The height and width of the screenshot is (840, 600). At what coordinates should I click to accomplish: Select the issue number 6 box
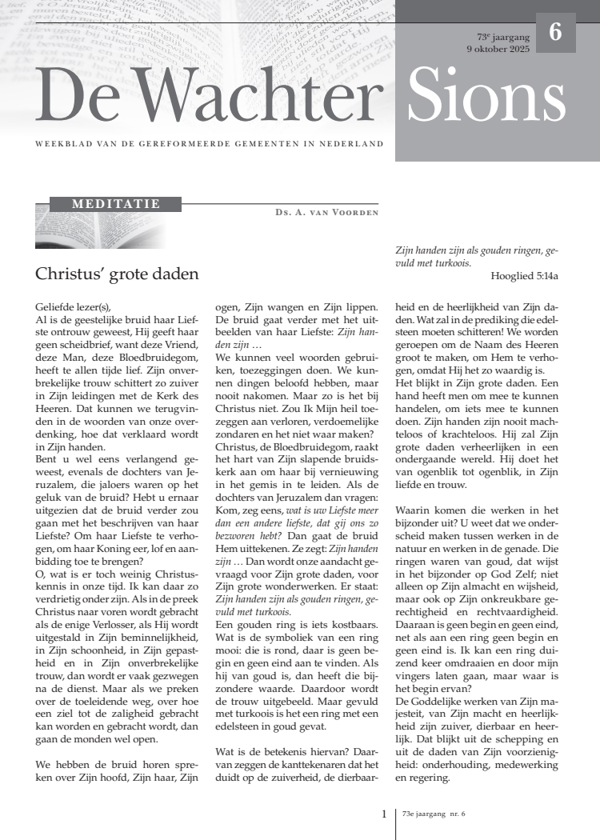[555, 33]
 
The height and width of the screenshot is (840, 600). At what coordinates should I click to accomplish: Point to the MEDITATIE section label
[116, 204]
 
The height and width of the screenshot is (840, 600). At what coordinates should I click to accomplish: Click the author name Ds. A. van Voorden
[326, 213]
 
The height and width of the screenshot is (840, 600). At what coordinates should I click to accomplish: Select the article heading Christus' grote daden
[117, 274]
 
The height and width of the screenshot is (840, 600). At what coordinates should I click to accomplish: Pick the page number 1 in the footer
[384, 814]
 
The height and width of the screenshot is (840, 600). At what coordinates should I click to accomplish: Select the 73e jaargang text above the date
[503, 37]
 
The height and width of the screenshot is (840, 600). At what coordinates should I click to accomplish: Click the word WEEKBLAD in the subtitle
[61, 144]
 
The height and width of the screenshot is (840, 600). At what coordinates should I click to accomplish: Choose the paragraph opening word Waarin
[416, 509]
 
